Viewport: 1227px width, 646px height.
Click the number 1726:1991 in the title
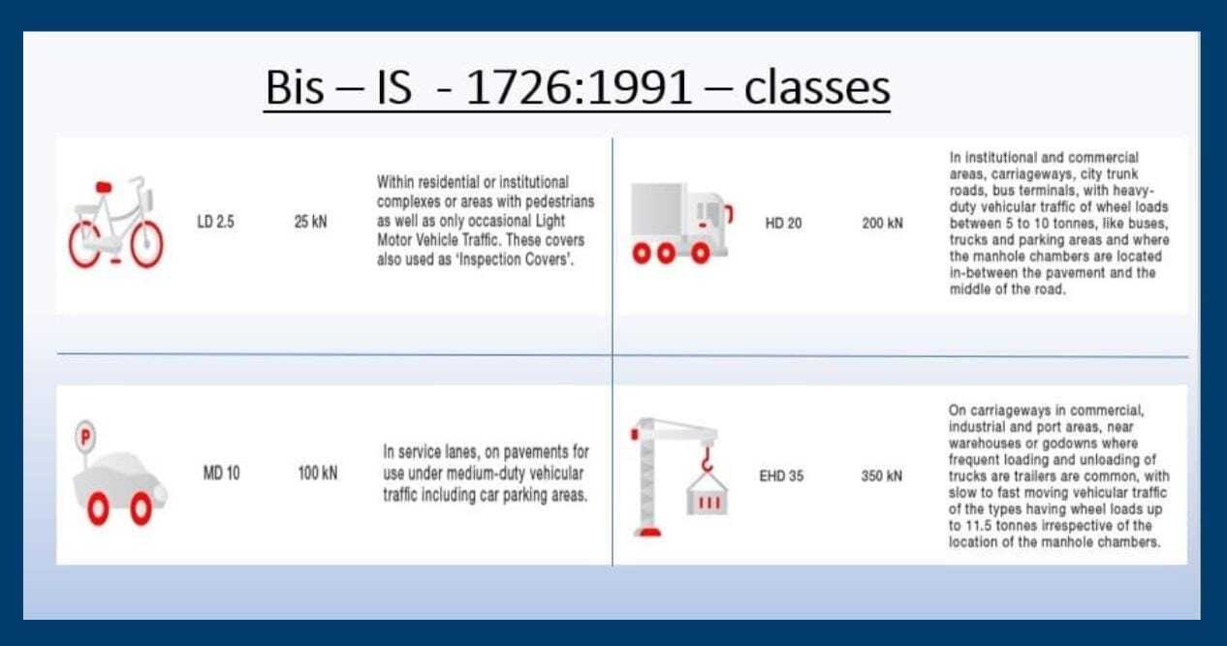(x=579, y=87)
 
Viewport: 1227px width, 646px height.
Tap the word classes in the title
(x=817, y=87)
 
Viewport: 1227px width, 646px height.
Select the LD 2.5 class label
(x=215, y=222)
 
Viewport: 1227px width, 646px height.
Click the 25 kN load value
(x=310, y=222)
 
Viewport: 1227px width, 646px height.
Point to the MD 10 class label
(x=221, y=473)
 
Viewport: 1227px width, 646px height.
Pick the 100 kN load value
(x=318, y=473)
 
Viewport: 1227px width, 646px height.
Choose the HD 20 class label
(x=783, y=224)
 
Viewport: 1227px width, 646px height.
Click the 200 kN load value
(x=883, y=224)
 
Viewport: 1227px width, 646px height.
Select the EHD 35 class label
(x=781, y=476)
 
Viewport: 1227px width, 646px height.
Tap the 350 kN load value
(x=881, y=476)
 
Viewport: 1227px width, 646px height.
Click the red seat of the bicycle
(x=104, y=187)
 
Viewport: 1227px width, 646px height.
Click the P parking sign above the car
(x=85, y=437)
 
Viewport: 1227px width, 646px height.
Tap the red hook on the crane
(x=708, y=459)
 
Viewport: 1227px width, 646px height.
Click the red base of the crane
(x=647, y=531)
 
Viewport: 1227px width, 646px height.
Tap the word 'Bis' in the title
(x=295, y=87)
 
